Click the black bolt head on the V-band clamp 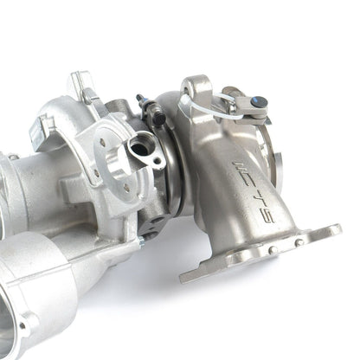pos(159,119)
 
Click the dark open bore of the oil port pos(139,147)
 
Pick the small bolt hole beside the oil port pos(157,161)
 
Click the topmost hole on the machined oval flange pos(101,141)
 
